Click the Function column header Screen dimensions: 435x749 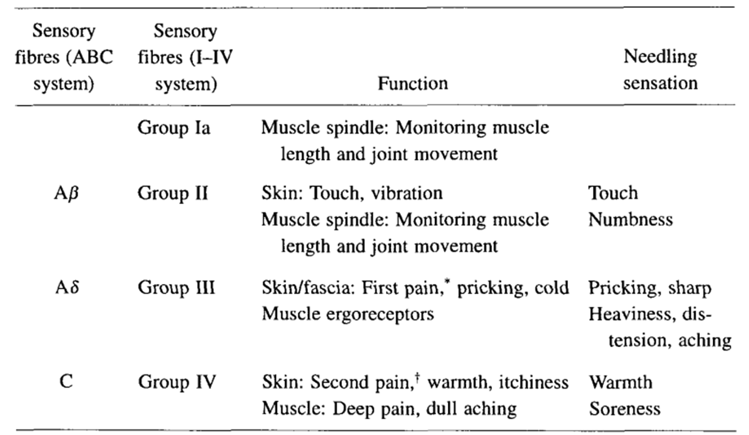[x=412, y=83]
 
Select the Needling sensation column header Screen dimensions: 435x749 [x=660, y=70]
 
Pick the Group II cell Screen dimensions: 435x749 [x=173, y=194]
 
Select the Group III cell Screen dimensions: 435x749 [x=176, y=287]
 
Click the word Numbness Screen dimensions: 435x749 [x=631, y=219]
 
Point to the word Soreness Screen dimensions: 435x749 [x=624, y=408]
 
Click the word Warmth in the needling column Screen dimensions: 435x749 [x=620, y=382]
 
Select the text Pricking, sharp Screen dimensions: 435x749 [x=649, y=288]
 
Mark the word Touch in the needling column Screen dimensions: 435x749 [x=613, y=194]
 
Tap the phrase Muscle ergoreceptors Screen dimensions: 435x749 [x=348, y=314]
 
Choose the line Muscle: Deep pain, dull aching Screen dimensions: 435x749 [x=389, y=408]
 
